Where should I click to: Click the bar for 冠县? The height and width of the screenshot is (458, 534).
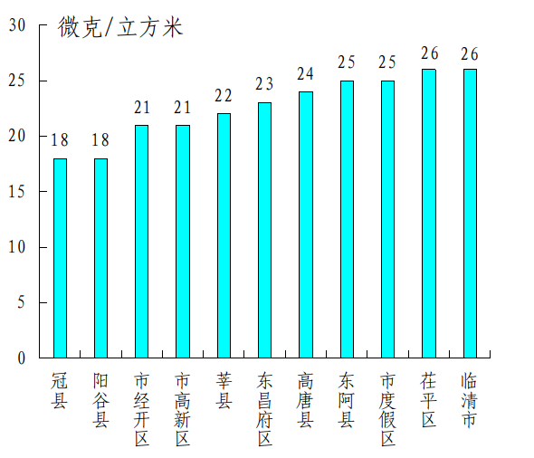click(60, 258)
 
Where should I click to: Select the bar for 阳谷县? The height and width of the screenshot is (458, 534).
click(100, 258)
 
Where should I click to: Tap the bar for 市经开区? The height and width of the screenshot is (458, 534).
click(142, 242)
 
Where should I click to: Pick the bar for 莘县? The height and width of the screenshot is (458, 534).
click(224, 235)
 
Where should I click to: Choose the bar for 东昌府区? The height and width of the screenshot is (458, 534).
click(264, 230)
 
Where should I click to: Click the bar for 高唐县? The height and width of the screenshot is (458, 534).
click(306, 224)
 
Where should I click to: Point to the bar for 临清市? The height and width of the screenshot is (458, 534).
click(470, 214)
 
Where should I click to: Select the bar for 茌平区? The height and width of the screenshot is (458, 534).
click(429, 214)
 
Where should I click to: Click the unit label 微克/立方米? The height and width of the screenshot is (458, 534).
click(120, 28)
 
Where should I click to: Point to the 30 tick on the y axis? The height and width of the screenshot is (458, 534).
click(17, 25)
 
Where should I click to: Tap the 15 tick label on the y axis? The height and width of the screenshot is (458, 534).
click(17, 192)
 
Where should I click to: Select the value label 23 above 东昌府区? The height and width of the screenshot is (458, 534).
click(264, 85)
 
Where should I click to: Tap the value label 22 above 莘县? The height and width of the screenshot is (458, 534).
click(224, 96)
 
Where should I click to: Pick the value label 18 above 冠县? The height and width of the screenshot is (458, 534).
click(60, 140)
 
